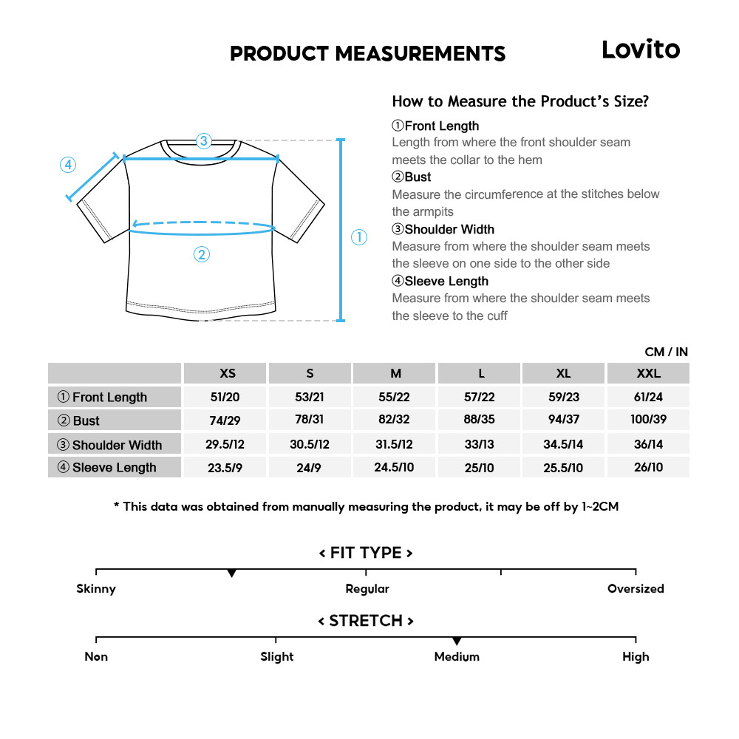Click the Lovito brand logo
(640, 50)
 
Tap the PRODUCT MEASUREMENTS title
(367, 54)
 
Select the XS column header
(227, 373)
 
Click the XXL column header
(648, 373)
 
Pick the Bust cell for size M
(395, 420)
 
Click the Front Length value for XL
(564, 397)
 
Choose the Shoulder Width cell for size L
(480, 444)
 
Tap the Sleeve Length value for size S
(310, 468)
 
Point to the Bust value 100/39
(648, 420)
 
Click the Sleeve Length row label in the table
(114, 467)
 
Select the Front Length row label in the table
(109, 397)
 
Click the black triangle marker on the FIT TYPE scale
(232, 573)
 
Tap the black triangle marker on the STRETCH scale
(457, 641)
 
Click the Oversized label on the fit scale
(636, 589)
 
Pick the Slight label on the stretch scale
(277, 657)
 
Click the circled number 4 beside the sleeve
(68, 165)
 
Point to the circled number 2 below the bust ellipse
(202, 255)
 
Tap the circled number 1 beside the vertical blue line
(358, 237)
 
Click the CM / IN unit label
(666, 352)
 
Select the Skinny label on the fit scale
(96, 589)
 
